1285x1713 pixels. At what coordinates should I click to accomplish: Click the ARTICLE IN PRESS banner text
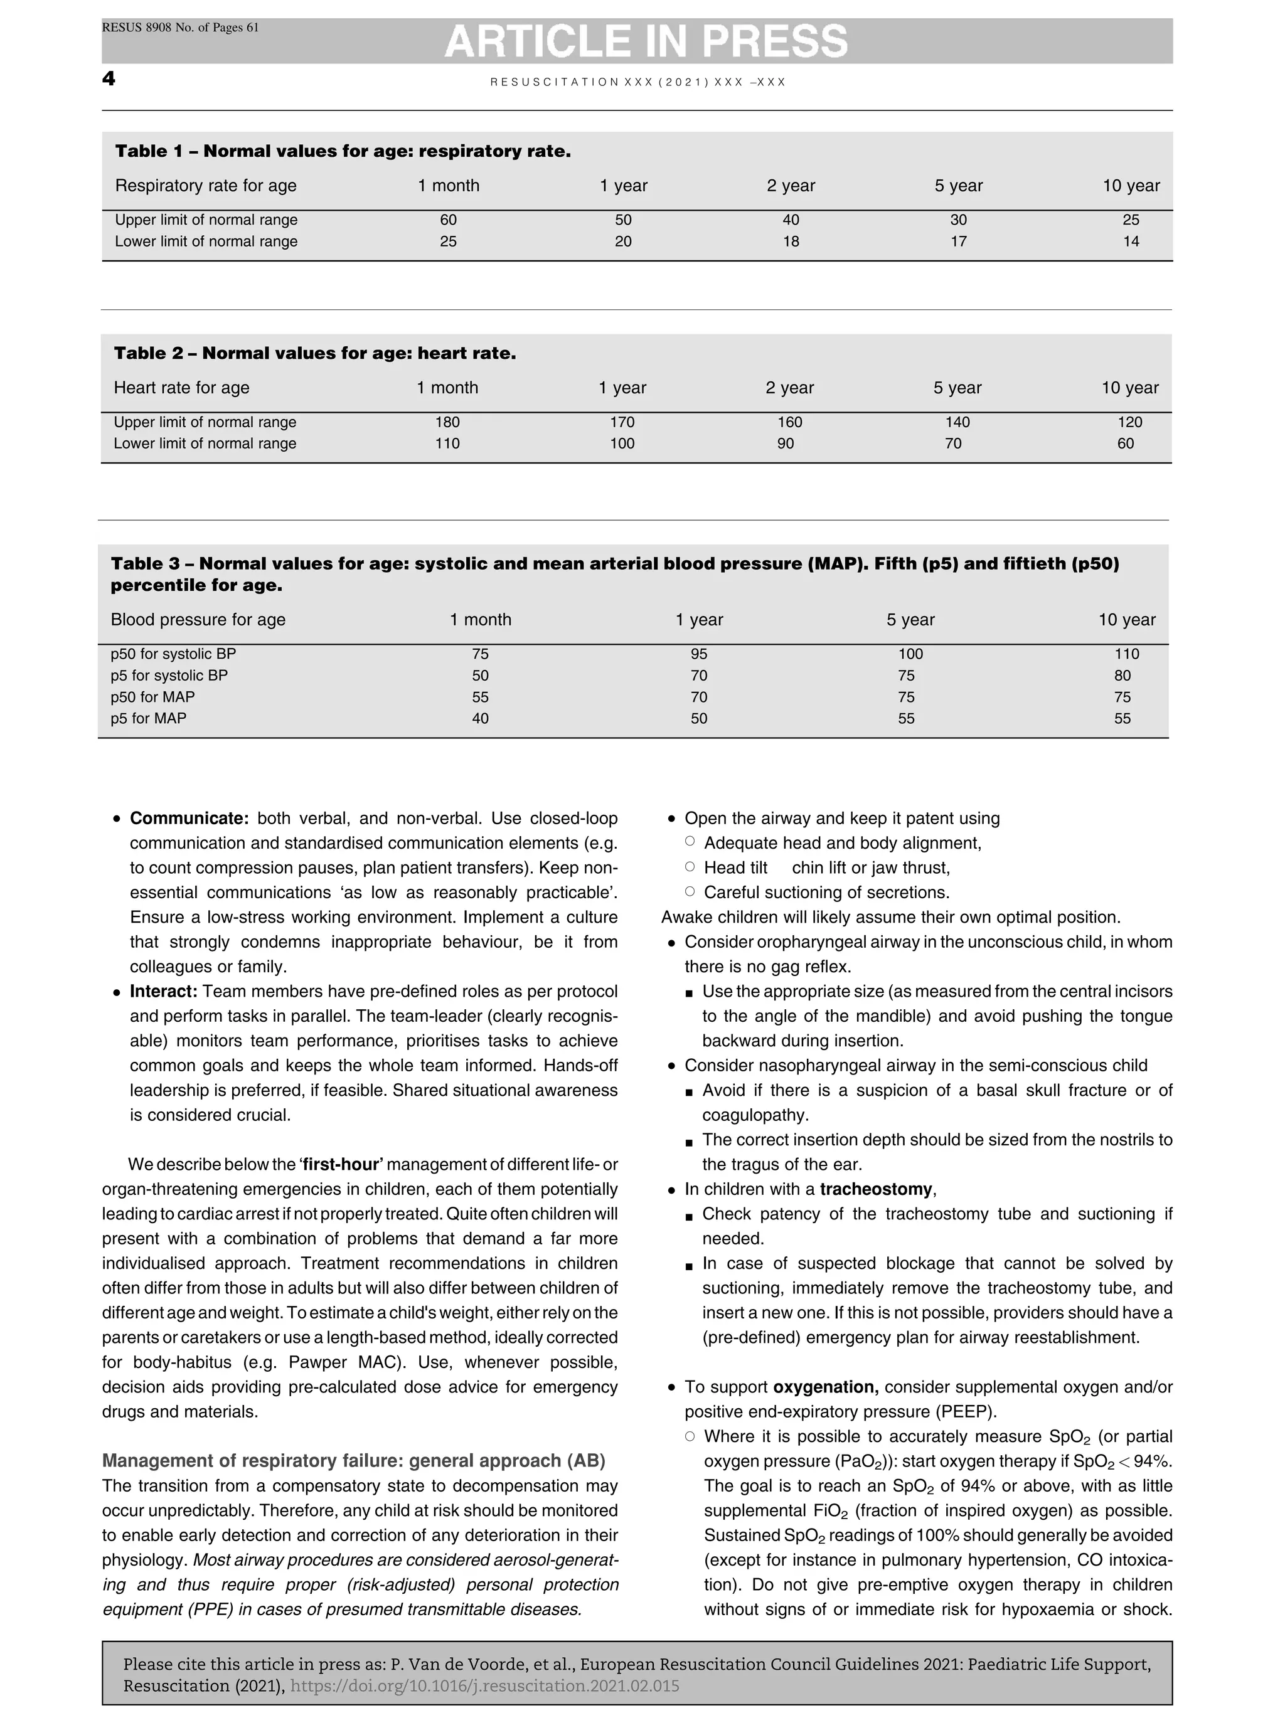pos(646,42)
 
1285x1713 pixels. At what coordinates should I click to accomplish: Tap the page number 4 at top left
pos(109,79)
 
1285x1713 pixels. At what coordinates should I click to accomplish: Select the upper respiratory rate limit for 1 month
pos(448,220)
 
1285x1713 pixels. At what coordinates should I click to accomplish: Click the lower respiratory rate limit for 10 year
pos(1131,241)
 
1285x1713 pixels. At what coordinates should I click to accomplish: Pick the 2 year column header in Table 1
pos(791,186)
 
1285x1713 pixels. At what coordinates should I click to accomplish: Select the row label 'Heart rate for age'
pos(181,388)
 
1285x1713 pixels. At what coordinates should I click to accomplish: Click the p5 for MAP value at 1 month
pos(480,719)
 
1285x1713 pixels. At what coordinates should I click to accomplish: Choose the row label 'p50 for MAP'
pos(152,697)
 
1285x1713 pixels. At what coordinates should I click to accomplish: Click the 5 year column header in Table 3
pos(910,620)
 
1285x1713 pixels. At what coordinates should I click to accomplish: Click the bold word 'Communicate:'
pos(188,819)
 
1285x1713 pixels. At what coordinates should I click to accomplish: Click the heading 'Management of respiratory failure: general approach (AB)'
pos(353,1461)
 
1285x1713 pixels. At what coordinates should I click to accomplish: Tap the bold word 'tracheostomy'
pos(875,1189)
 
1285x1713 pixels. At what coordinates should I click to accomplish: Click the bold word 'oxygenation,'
pos(826,1387)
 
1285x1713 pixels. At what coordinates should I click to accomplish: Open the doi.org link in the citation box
pos(484,1687)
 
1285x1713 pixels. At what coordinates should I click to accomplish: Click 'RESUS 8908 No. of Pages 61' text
pos(181,28)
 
